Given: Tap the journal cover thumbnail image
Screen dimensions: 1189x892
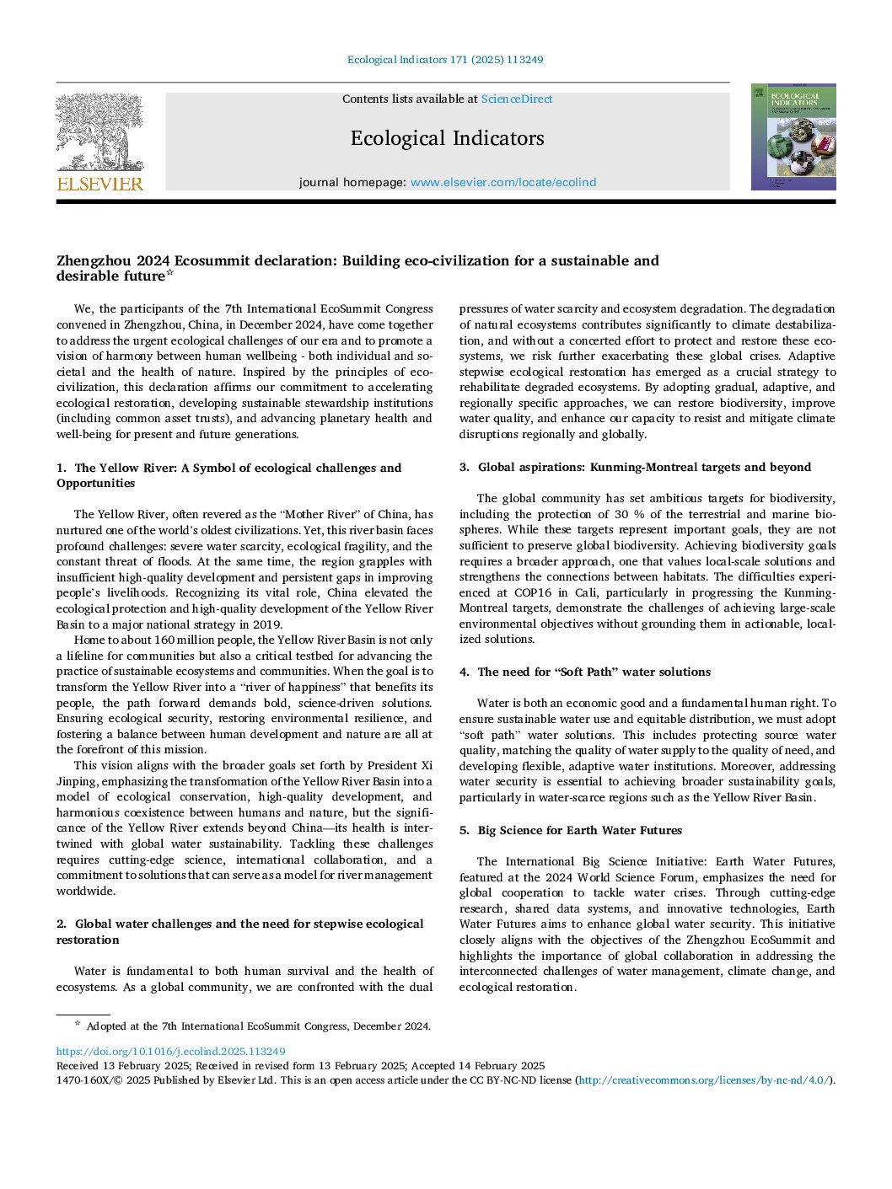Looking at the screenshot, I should [793, 137].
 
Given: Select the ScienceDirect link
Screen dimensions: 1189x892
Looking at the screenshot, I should [517, 99].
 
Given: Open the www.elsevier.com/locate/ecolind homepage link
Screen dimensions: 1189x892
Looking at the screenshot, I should [503, 182].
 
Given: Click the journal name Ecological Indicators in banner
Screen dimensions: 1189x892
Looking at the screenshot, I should [447, 138].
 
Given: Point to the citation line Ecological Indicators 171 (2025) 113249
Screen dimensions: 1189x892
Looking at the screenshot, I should [445, 60].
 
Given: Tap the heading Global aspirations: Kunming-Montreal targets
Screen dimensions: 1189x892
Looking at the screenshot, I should [644, 467].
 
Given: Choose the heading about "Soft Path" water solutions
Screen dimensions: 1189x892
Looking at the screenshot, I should [594, 672].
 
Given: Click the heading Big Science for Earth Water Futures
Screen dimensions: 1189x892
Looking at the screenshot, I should [579, 830].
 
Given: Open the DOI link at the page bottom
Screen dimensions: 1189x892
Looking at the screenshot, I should [170, 1052].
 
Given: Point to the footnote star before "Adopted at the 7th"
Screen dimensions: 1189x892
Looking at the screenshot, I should [78, 1024].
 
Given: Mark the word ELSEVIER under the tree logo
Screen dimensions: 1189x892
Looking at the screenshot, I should [99, 184].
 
